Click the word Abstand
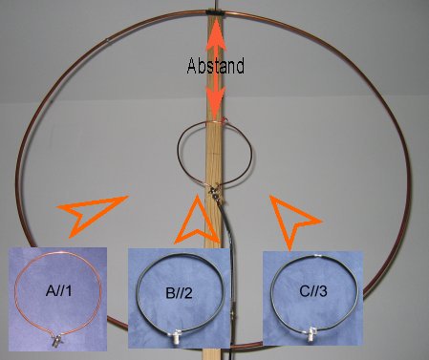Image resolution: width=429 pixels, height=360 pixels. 216,66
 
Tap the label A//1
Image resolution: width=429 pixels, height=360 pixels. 59,290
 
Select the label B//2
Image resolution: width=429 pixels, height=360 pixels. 179,293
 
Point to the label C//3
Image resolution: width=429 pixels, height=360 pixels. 313,291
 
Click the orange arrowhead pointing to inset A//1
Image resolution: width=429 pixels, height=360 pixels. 89,213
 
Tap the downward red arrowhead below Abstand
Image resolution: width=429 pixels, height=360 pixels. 215,102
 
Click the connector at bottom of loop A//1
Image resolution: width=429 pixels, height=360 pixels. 57,342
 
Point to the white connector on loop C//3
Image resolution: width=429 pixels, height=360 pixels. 311,335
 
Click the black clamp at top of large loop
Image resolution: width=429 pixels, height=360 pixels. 215,12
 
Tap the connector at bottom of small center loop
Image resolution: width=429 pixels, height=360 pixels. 214,190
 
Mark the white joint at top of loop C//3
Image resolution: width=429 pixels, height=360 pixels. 317,256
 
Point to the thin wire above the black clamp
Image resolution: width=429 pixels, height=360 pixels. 216,5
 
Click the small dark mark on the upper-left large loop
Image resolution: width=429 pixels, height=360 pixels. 108,40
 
